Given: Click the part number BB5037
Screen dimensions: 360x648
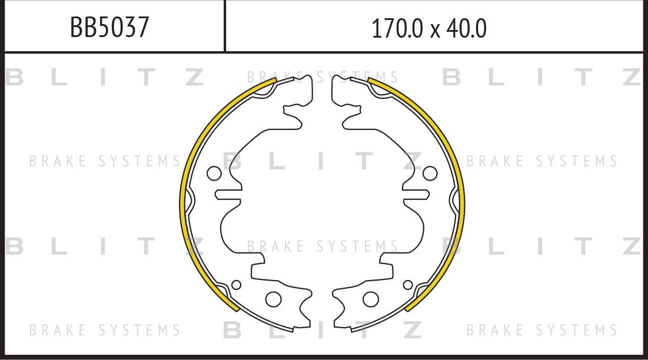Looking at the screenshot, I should point(109,28).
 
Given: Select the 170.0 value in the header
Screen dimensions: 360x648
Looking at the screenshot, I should point(397,28).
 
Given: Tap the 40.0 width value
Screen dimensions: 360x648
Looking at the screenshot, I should point(466,28).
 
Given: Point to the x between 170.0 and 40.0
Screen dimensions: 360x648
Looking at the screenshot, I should point(435,30).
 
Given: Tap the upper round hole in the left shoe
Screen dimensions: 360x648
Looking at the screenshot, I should point(214,174).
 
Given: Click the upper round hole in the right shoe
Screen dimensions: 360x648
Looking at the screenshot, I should point(430,174).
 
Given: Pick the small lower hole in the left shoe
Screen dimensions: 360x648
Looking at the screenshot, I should point(236,285).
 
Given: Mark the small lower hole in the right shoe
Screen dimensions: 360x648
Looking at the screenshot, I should point(408,285).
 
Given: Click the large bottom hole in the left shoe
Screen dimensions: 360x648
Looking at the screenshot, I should point(274,299).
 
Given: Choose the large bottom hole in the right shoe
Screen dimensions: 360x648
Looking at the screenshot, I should point(371,299).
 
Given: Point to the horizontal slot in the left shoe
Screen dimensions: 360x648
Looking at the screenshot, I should point(228,195).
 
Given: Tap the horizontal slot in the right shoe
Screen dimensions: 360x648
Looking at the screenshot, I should point(416,195).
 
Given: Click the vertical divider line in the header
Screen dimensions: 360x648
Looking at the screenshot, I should point(225,26).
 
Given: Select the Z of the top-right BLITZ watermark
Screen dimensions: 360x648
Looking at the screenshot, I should point(631,77).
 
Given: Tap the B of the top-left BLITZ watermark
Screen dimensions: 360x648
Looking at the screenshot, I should point(14,77).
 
